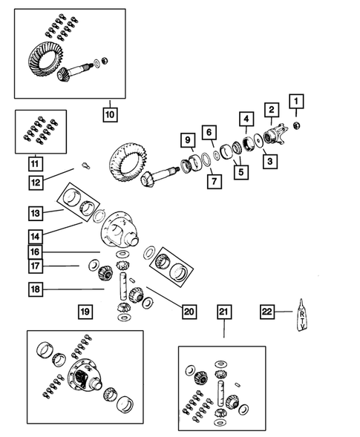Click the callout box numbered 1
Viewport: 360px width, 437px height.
tap(297, 101)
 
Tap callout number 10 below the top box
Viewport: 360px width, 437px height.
tap(110, 115)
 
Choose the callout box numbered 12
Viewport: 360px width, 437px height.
tap(36, 180)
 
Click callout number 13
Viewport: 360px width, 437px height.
tap(36, 213)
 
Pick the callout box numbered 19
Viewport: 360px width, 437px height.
tap(85, 312)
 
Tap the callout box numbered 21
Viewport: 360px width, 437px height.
tap(223, 312)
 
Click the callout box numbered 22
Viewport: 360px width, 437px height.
tap(268, 312)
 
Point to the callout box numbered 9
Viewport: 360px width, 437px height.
tap(187, 140)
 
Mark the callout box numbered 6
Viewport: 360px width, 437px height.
tap(210, 133)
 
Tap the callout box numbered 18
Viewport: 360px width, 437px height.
tap(36, 289)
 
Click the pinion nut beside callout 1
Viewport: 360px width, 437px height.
tap(297, 123)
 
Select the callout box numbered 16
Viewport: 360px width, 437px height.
tap(36, 252)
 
